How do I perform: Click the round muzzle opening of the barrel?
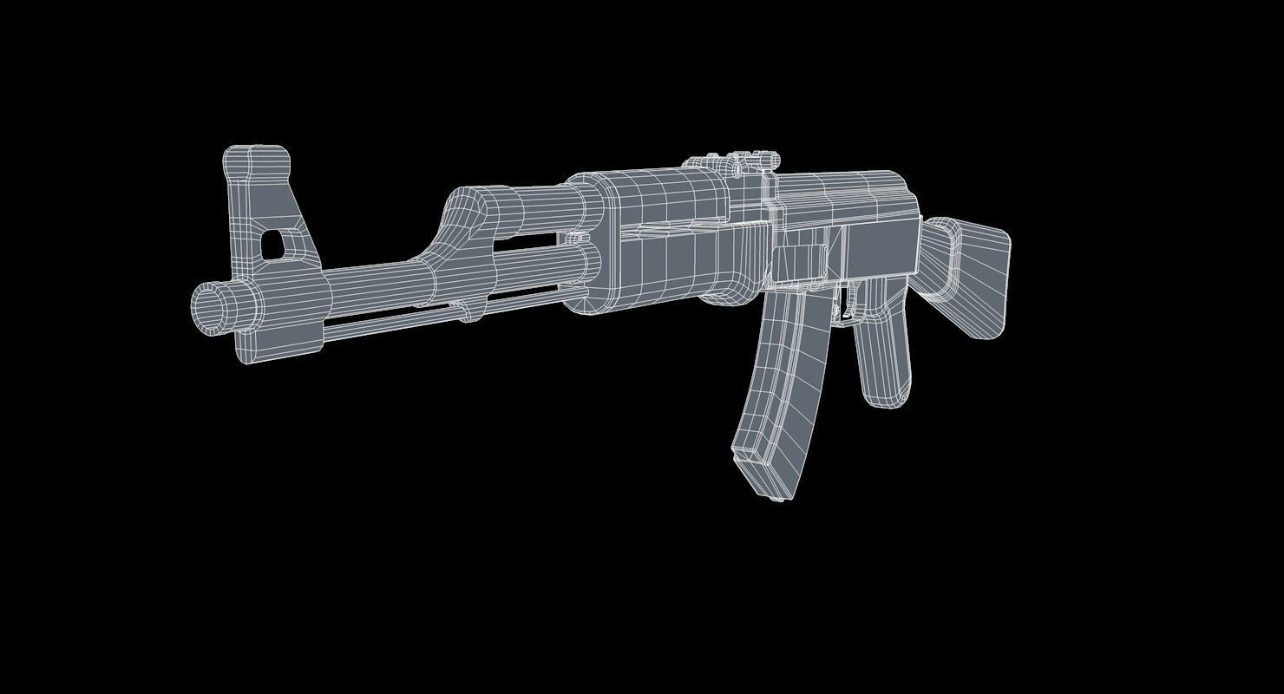point(210,307)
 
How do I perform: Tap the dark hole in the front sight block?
point(272,243)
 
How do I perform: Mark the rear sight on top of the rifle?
point(733,162)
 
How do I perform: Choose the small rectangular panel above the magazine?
point(796,263)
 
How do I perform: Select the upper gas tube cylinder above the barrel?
point(529,208)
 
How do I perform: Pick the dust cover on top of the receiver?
point(842,195)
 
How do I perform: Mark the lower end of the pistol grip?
point(885,395)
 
